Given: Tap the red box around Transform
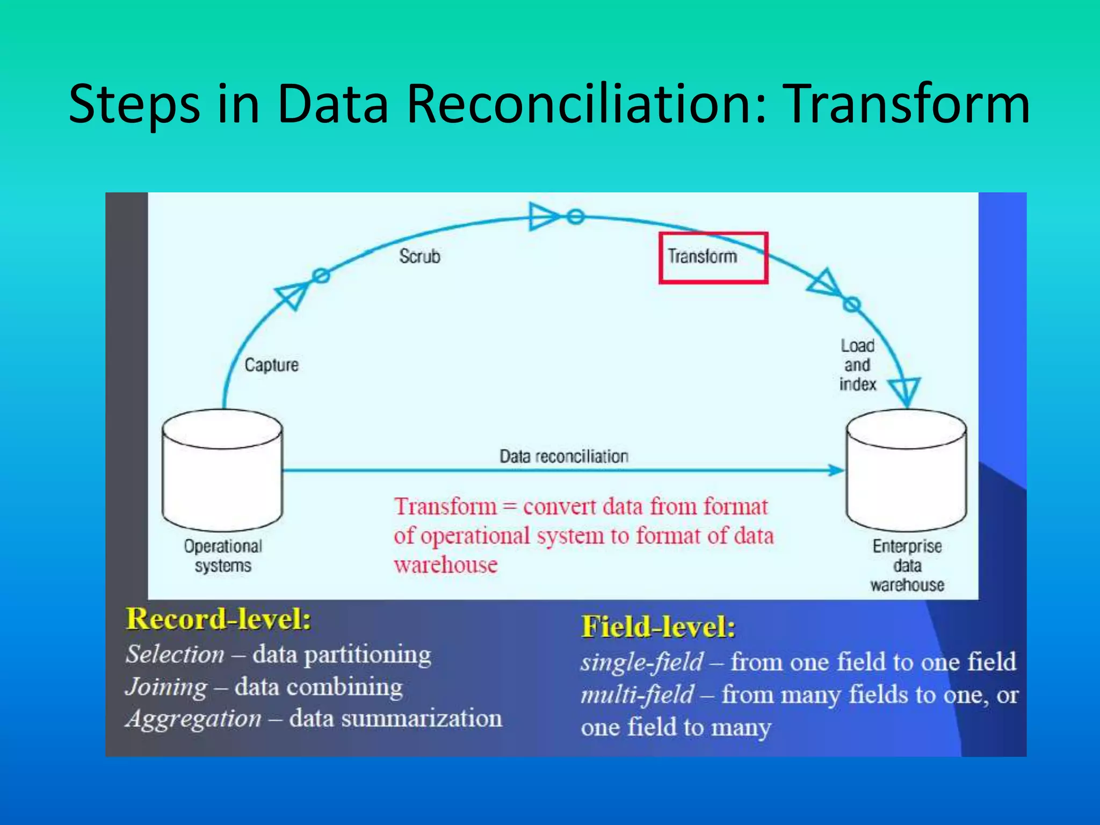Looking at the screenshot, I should (713, 258).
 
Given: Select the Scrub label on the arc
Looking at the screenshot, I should (419, 256).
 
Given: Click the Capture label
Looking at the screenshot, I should (271, 365).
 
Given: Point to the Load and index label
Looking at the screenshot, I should (857, 365).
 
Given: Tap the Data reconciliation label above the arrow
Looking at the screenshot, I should (563, 457).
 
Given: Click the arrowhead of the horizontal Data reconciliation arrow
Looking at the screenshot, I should (836, 471).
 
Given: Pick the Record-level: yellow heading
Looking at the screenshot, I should (218, 619).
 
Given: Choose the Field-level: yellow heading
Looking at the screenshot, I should (658, 627).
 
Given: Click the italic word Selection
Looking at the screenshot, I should (175, 655).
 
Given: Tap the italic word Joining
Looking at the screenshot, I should (167, 687).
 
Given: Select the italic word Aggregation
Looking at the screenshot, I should (194, 719).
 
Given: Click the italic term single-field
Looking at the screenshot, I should (642, 662).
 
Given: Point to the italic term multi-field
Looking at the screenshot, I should (638, 694).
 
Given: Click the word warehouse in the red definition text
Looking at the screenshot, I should (446, 565).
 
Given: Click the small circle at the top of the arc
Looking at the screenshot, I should (575, 217).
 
